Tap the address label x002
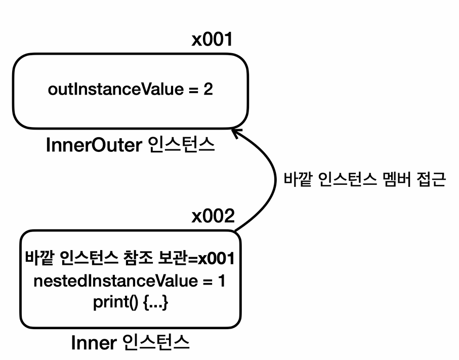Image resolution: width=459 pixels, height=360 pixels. [213, 217]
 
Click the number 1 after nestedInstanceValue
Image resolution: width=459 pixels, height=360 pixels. [221, 281]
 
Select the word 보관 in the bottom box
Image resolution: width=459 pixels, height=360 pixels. [169, 259]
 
